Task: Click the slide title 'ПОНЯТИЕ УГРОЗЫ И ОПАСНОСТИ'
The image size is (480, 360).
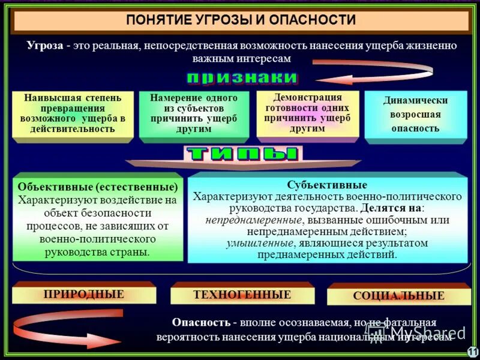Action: (241, 20)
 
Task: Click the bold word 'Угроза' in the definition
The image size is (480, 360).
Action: (46, 46)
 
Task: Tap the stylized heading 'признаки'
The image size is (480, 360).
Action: (242, 77)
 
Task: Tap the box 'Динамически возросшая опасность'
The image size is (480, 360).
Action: (415, 115)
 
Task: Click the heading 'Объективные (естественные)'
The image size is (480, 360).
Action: (98, 187)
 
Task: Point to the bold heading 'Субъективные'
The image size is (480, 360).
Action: (327, 185)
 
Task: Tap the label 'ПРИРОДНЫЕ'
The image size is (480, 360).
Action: (83, 294)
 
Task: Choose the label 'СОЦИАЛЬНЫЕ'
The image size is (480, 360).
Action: (398, 296)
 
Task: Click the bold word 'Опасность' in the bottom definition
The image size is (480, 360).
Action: (201, 323)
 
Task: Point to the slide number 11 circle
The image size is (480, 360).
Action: (472, 352)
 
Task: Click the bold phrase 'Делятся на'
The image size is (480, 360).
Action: (391, 208)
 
